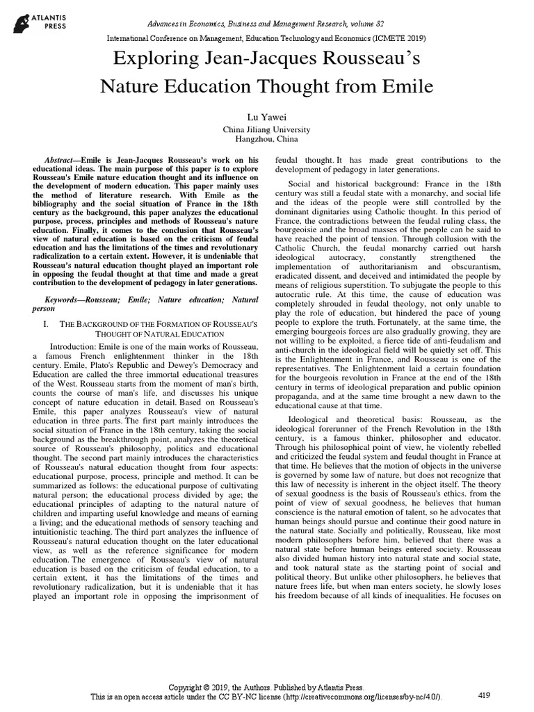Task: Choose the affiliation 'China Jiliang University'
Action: (266, 130)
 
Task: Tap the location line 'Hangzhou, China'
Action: (266, 140)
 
